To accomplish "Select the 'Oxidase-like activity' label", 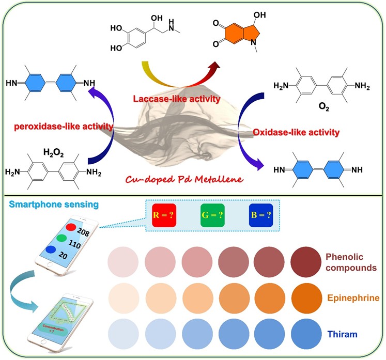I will pos(296,132).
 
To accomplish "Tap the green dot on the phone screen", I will pos(61,239).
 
